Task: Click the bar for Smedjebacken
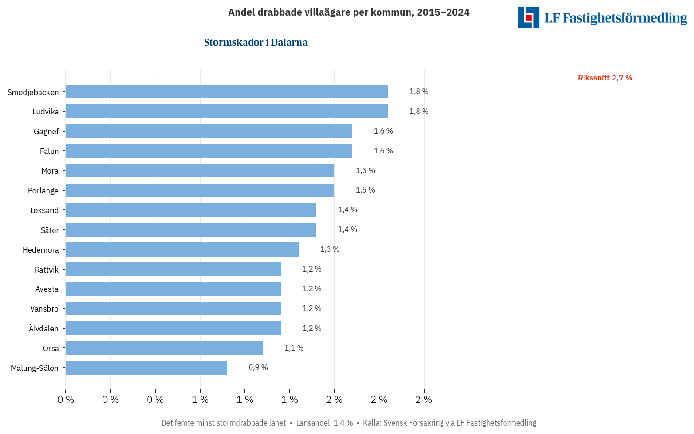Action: coord(227,92)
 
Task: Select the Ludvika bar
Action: coord(227,112)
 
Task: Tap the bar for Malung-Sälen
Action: coord(147,368)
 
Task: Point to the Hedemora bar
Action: coord(182,249)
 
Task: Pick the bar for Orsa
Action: coord(165,348)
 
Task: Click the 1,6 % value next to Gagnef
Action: coord(383,131)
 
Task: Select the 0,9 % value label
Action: coord(258,368)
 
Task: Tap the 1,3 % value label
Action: coord(330,249)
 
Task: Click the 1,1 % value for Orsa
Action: coord(294,348)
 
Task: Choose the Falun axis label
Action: coord(49,151)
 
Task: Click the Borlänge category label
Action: coord(43,191)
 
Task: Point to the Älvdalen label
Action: coord(44,329)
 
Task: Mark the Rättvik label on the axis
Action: coord(47,270)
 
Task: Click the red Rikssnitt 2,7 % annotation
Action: coord(605,78)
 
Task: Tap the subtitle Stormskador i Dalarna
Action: coord(256,42)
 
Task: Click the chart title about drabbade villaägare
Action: coord(348,12)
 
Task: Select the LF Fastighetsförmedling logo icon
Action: coord(528,17)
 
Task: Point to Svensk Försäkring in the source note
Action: coord(413,423)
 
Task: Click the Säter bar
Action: coord(191,230)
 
